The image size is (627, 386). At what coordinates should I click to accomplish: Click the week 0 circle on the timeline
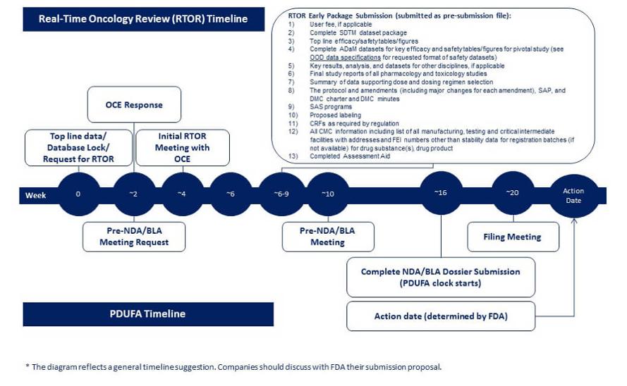[x=78, y=194]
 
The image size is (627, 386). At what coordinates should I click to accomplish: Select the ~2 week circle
[x=134, y=194]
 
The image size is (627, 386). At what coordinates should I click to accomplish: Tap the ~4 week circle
[x=183, y=194]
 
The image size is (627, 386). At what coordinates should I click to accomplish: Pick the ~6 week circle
[x=231, y=194]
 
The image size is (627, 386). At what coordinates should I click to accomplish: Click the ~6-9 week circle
[x=281, y=194]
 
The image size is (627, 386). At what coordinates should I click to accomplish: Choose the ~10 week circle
[x=328, y=194]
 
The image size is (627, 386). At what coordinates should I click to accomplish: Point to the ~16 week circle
[x=441, y=193]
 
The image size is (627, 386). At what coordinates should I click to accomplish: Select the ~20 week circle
[x=513, y=193]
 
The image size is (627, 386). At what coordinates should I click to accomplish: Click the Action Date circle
[x=574, y=196]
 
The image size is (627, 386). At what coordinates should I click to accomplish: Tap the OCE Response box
[x=134, y=104]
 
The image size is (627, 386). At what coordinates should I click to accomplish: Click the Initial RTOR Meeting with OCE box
[x=183, y=147]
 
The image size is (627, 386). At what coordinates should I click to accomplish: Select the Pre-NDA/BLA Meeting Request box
[x=134, y=237]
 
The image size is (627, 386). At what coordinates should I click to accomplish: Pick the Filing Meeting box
[x=513, y=237]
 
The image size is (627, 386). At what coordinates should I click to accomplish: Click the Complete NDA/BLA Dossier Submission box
[x=441, y=278]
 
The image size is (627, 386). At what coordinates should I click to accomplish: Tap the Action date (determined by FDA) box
[x=441, y=316]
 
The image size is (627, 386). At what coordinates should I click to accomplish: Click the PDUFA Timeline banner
[x=148, y=314]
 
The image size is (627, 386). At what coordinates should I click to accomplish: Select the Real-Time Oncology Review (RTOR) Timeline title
[x=144, y=19]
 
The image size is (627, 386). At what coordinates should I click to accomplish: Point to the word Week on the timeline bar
[x=35, y=195]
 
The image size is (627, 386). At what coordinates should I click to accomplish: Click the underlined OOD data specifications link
[x=345, y=58]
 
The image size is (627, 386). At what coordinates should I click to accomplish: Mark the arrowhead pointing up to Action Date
[x=574, y=221]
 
